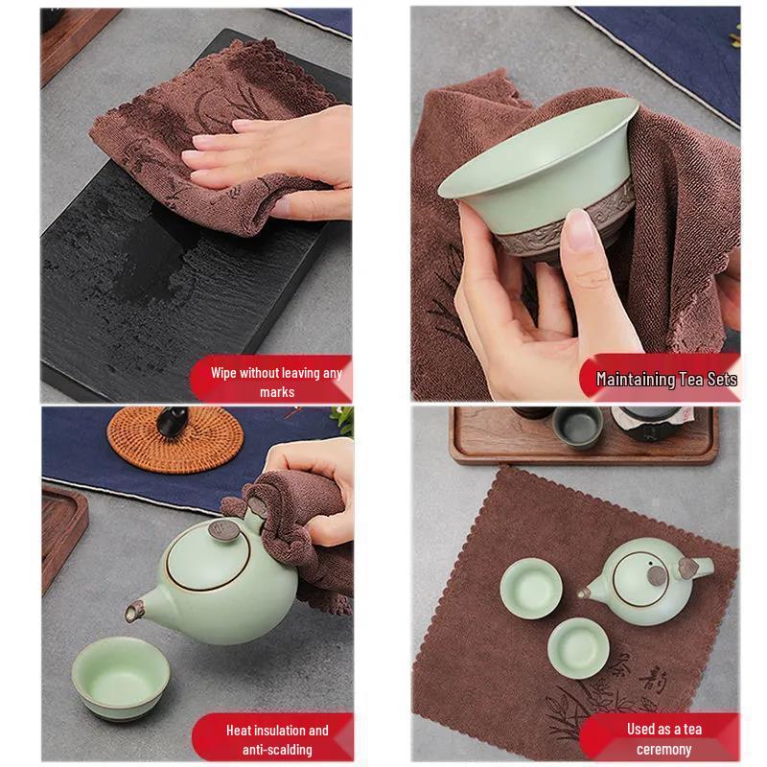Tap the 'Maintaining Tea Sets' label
pos(666,379)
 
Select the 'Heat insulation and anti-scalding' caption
pos(277,738)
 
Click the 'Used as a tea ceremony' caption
pos(664,738)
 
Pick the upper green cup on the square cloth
pos(530,584)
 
